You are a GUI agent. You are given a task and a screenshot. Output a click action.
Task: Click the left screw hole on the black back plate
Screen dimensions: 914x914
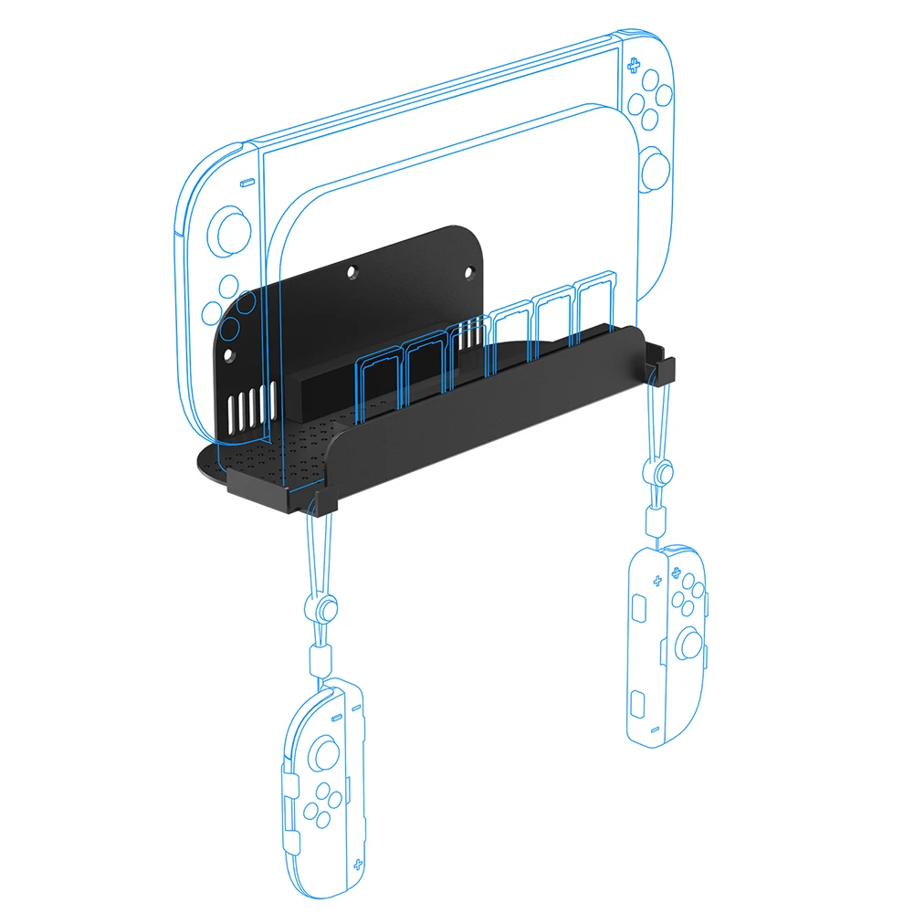click(352, 271)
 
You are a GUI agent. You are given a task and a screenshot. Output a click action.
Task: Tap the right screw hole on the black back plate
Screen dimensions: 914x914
click(470, 271)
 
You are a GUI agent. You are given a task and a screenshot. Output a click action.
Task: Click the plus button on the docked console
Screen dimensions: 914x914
click(632, 64)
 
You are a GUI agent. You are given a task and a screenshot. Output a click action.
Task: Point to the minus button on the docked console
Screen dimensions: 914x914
click(245, 183)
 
